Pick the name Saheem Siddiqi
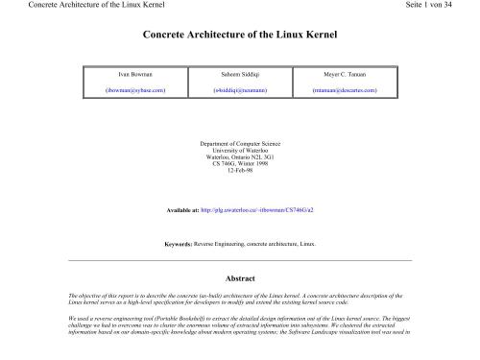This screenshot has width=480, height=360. click(x=239, y=74)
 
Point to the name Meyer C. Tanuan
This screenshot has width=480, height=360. click(x=345, y=74)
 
